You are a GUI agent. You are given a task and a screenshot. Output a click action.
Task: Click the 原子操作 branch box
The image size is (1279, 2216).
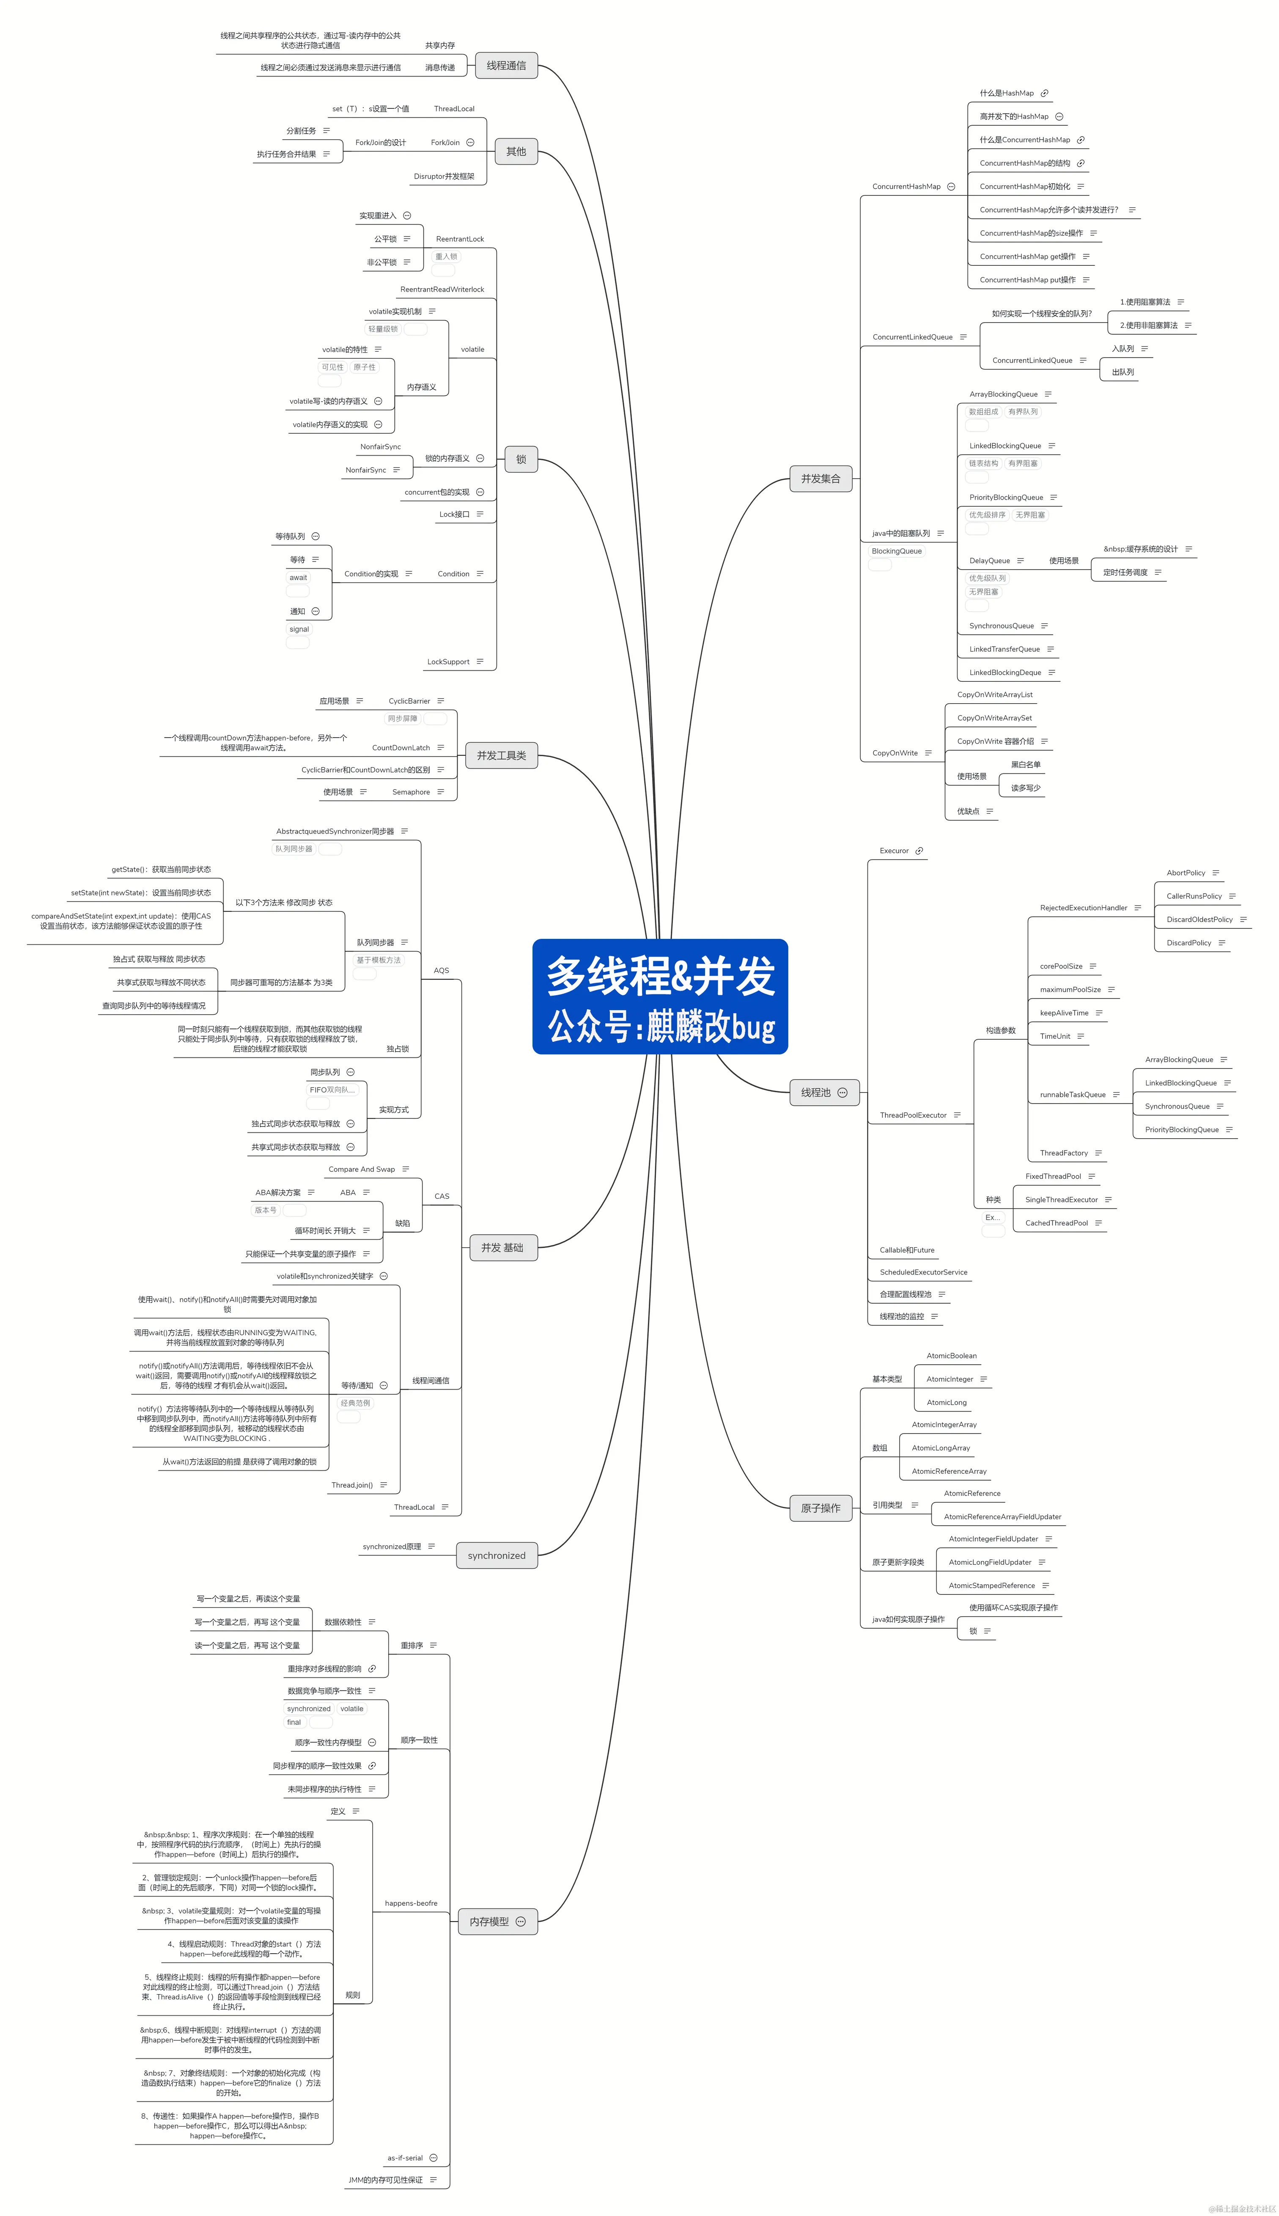(821, 1508)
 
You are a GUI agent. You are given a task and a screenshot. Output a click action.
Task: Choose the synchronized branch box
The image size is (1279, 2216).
(496, 1555)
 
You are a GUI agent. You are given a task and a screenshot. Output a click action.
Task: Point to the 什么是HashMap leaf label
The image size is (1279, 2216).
(1007, 93)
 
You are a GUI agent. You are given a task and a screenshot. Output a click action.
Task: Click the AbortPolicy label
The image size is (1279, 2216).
(1186, 873)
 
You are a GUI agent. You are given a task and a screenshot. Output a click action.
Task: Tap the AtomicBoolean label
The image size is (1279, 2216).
(951, 1356)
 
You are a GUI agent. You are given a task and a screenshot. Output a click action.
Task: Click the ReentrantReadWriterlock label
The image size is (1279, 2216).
(442, 289)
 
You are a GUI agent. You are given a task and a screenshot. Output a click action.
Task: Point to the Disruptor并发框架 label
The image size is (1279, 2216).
(444, 176)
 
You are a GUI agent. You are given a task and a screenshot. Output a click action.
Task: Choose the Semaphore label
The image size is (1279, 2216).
(411, 792)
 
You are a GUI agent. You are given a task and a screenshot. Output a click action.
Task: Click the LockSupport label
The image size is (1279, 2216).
(448, 662)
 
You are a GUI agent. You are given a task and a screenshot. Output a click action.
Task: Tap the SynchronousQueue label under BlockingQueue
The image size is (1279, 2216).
(1002, 625)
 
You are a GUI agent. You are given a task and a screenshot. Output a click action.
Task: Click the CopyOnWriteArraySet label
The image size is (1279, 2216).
(994, 718)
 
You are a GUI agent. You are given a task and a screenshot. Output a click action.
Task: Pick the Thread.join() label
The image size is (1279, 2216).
(352, 1485)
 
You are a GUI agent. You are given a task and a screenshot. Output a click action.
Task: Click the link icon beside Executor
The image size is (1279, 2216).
(919, 851)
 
